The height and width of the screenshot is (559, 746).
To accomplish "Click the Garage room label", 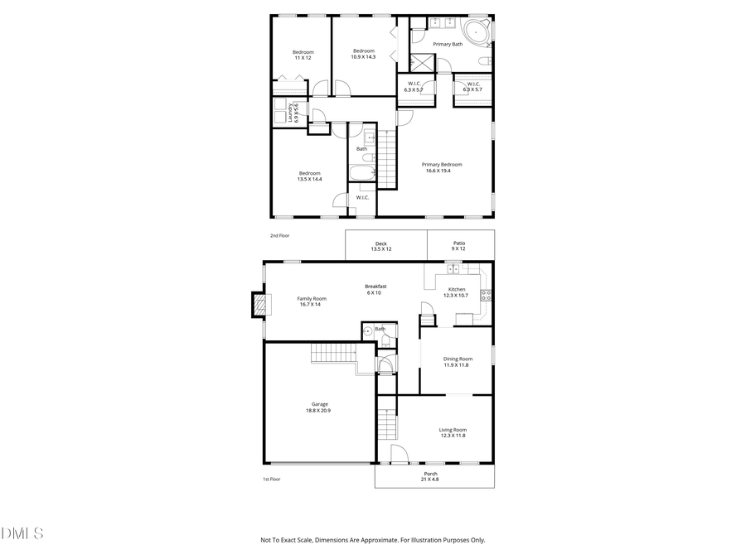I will pyautogui.click(x=320, y=407).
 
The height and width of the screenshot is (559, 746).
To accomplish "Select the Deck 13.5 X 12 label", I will pyautogui.click(x=380, y=246).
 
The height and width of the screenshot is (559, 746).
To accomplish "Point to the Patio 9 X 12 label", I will pyautogui.click(x=458, y=246).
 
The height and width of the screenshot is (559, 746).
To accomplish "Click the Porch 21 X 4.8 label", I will pyautogui.click(x=430, y=476).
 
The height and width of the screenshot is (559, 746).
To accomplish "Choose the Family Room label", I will pyautogui.click(x=312, y=301).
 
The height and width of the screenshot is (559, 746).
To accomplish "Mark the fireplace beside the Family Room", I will pyautogui.click(x=260, y=304).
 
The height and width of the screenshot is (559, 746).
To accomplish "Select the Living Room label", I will pyautogui.click(x=453, y=432).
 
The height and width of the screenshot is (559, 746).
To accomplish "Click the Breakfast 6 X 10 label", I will pyautogui.click(x=375, y=289).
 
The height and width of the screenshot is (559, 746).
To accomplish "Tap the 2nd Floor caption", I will pyautogui.click(x=279, y=235).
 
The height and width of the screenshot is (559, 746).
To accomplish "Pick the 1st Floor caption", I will pyautogui.click(x=271, y=479).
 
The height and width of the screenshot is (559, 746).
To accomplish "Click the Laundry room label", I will pyautogui.click(x=293, y=113).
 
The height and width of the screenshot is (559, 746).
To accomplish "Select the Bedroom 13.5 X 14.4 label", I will pyautogui.click(x=309, y=176).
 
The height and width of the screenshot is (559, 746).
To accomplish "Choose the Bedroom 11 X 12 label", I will pyautogui.click(x=303, y=55).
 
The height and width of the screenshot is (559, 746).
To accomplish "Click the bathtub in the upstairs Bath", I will pyautogui.click(x=362, y=174).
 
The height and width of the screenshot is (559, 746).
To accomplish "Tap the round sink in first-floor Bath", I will pyautogui.click(x=368, y=331).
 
